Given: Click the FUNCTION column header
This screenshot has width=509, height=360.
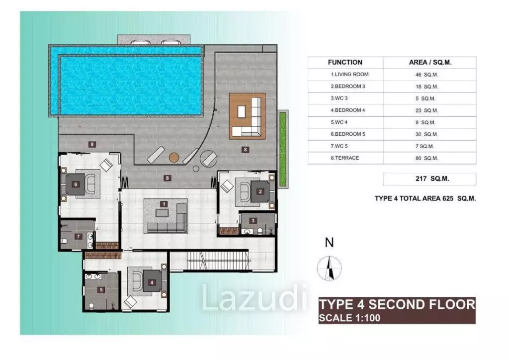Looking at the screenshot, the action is pos(345,62).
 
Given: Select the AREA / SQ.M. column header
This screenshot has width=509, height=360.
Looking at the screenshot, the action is pos(430,62).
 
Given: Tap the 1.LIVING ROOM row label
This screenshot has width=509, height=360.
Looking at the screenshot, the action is pos(349,75).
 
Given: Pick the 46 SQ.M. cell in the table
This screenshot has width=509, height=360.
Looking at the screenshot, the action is pos(426,75).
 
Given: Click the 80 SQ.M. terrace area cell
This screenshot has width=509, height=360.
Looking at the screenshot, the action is pos(426,158).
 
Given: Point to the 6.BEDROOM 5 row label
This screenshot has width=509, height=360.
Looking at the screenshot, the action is pos(348,134).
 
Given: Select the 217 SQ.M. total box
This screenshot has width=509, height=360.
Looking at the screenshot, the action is pos(429,179).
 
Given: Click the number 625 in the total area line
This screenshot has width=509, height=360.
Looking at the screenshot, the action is pos(448,198).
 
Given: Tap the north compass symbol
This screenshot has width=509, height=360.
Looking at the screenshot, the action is pos(329,269).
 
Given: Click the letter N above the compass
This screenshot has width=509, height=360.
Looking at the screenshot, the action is pos(329,243).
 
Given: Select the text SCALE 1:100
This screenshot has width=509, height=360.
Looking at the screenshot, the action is pos(349,318).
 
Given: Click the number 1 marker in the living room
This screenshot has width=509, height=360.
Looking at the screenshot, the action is pos(164,204).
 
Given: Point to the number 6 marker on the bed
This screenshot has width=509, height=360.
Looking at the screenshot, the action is pos(76,184).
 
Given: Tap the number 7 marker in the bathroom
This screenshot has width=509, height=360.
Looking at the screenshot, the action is pos(78,237).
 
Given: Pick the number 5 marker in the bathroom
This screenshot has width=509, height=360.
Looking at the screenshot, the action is pos(101,289).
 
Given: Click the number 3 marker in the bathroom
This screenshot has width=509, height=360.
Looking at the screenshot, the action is pos(253,221).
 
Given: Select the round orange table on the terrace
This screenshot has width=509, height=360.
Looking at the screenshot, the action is pos(174,158).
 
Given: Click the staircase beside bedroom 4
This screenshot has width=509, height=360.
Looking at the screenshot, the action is pos(218,261).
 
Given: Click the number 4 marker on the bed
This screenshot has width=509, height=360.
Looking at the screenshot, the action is pos(152,282).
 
